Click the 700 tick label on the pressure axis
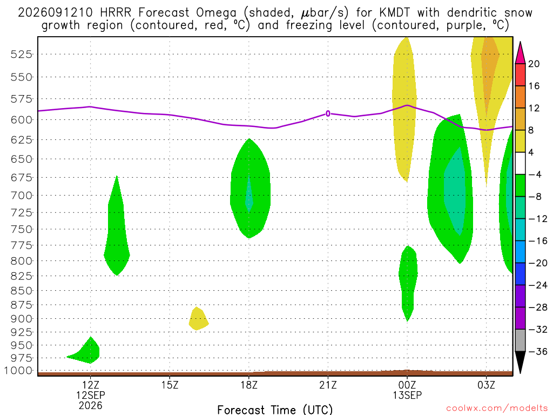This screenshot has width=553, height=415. tap(21, 196)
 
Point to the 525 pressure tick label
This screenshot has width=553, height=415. tap(21, 55)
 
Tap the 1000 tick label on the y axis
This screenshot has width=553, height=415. tap(18, 371)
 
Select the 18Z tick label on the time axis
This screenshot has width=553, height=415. tap(249, 385)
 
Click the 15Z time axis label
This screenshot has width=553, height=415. tap(170, 385)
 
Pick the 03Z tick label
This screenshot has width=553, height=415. tap(487, 385)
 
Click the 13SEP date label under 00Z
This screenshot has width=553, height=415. tap(407, 395)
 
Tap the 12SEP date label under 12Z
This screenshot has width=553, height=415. tap(91, 395)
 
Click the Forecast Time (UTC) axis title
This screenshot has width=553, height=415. tap(275, 410)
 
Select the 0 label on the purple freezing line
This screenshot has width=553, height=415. tap(328, 113)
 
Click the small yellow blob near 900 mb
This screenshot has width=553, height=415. tap(198, 319)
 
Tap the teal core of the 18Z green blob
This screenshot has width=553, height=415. tap(249, 193)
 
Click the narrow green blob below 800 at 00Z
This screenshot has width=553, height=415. tap(408, 282)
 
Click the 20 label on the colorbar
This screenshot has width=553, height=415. tap(534, 64)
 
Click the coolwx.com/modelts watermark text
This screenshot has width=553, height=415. tap(497, 409)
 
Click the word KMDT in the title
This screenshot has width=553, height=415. tap(395, 13)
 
